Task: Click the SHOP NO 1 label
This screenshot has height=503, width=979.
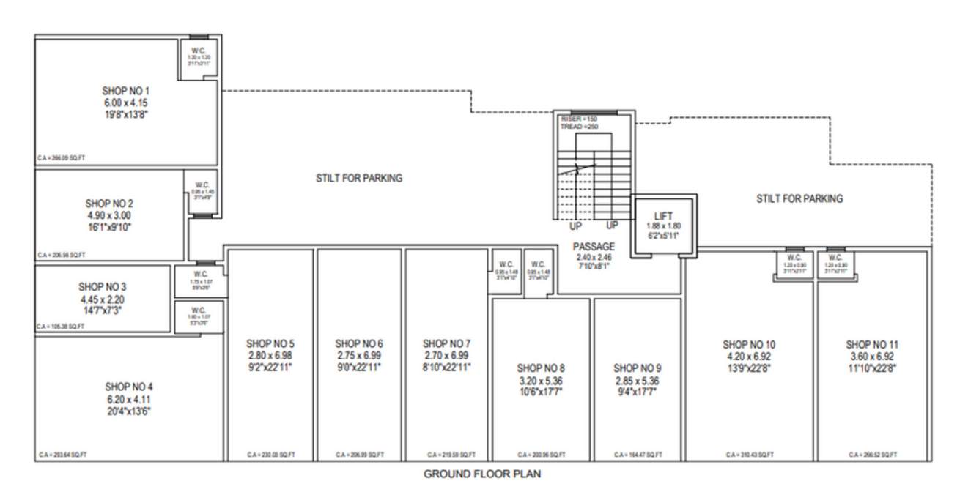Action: [x=125, y=90]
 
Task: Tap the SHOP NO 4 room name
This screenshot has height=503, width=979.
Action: [x=128, y=387]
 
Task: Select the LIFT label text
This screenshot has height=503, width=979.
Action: [x=663, y=217]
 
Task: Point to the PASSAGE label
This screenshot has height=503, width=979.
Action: [x=594, y=247]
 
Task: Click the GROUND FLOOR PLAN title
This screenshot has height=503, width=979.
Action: [x=482, y=474]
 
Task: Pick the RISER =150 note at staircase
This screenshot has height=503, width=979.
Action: [x=580, y=119]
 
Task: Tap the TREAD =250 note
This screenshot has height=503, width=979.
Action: [x=580, y=127]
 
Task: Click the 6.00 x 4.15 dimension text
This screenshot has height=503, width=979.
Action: [x=125, y=103]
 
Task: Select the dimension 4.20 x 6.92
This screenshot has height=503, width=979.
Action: [x=749, y=357]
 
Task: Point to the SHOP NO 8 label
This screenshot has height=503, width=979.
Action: [x=541, y=368]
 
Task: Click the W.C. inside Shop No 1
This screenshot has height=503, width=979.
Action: [x=199, y=51]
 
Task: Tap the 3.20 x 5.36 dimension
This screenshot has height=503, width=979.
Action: [x=541, y=381]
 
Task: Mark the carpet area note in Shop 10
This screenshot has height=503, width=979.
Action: [x=750, y=455]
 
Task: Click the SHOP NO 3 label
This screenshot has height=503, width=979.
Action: [x=103, y=286]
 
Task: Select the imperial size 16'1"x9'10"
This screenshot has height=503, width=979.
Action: [x=109, y=228]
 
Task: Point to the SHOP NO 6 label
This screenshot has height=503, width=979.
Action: [x=359, y=343]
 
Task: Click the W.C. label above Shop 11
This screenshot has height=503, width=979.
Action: [x=835, y=258]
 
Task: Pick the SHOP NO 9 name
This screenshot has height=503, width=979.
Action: [x=638, y=368]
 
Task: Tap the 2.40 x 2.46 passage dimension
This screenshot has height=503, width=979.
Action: [x=594, y=258]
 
